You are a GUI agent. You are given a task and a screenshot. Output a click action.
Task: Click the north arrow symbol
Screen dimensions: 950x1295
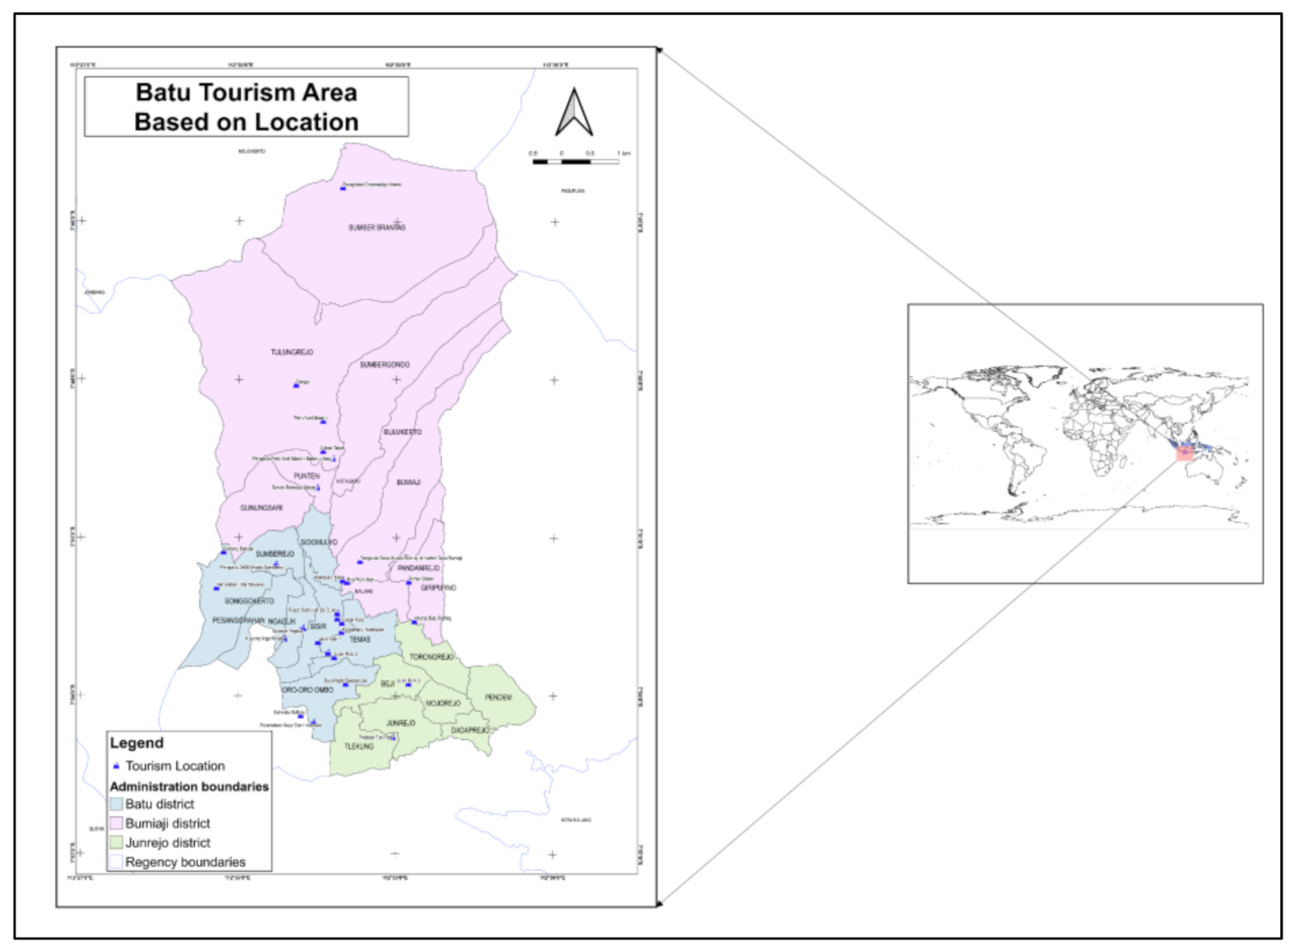tap(574, 113)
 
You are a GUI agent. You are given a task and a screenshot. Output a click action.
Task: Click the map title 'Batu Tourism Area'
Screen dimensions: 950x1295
tap(246, 93)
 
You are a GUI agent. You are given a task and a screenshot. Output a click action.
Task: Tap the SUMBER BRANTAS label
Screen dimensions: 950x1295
tap(376, 228)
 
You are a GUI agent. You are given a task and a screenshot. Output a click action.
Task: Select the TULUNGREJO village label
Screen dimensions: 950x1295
tap(292, 352)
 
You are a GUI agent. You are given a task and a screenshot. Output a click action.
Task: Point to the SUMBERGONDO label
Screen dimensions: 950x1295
tap(385, 365)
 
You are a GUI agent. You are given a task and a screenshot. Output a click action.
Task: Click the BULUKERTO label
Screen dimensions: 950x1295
tap(403, 432)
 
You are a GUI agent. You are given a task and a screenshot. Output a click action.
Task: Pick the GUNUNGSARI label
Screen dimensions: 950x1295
tap(261, 508)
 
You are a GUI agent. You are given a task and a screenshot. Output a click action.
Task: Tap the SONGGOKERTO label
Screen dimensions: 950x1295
tap(249, 601)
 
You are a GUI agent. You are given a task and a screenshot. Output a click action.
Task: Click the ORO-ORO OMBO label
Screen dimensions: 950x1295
tap(308, 690)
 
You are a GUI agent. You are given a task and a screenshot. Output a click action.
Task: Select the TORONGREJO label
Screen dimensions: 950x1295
tap(432, 657)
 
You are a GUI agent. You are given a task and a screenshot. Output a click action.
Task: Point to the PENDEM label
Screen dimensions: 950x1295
tap(498, 697)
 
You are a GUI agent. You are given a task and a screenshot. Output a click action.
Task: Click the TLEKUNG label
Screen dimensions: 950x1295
tap(359, 747)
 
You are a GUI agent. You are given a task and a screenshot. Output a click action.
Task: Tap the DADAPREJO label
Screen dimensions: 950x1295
tap(470, 730)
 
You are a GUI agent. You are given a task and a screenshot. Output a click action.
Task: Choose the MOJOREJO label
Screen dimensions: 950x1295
tap(443, 703)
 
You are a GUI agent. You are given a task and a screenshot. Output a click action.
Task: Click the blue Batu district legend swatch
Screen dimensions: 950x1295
tap(117, 805)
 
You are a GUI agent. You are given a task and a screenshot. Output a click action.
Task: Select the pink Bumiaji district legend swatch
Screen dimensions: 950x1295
tap(117, 824)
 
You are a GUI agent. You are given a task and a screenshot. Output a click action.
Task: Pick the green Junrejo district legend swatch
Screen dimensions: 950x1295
tap(117, 843)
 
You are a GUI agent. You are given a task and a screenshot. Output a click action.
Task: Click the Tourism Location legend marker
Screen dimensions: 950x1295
tap(116, 766)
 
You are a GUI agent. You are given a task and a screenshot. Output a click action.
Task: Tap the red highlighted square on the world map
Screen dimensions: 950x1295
tap(1185, 452)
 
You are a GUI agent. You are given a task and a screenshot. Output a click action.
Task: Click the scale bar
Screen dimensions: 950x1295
tap(576, 162)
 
